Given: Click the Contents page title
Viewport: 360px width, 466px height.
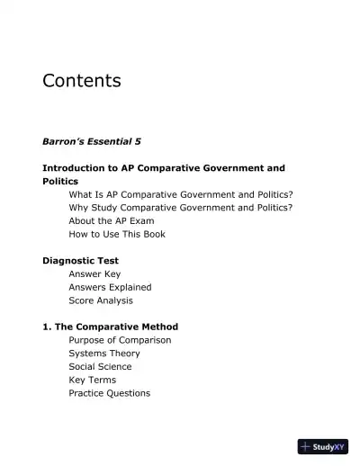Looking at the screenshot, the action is (x=82, y=81).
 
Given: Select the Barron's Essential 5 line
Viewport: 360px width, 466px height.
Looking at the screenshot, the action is (x=92, y=141).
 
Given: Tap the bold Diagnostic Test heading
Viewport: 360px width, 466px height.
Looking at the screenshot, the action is (x=81, y=261).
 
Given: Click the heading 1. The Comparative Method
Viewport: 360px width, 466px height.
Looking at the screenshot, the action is (x=110, y=327).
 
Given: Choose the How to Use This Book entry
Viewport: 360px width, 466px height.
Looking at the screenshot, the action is (x=117, y=234).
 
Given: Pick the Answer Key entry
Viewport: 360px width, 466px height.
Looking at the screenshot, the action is (x=94, y=273).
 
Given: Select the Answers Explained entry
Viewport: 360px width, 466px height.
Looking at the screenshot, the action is (x=110, y=287).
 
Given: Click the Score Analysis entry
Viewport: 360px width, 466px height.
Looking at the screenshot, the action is (x=101, y=300).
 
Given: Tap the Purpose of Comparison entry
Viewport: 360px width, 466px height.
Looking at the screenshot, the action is (x=120, y=340).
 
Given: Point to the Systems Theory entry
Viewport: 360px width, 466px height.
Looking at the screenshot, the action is (x=104, y=354).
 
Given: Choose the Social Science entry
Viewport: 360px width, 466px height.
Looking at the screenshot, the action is (x=100, y=366).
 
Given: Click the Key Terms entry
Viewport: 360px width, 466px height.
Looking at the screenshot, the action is (x=93, y=380).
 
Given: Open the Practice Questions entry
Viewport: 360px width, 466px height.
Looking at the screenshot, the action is (x=109, y=393).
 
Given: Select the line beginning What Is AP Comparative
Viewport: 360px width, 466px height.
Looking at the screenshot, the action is (x=180, y=194).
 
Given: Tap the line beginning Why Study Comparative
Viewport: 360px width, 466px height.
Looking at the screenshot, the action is (x=180, y=208).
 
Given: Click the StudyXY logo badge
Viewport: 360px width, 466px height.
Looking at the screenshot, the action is (x=322, y=446).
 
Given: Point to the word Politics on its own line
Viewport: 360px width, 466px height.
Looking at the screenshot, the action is (x=60, y=181).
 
